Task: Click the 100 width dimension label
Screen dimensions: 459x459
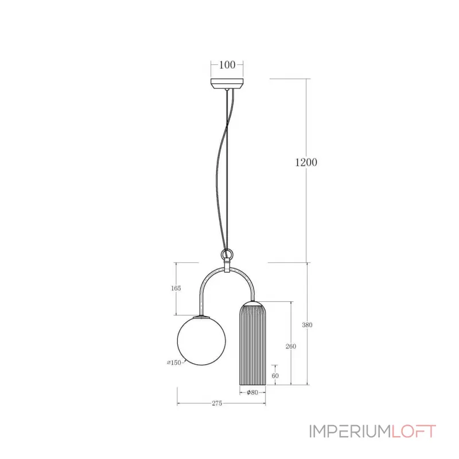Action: [227, 65]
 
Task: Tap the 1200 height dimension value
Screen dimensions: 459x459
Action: [306, 162]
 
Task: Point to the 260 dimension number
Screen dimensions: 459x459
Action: [291, 346]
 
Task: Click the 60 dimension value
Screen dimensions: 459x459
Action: [275, 375]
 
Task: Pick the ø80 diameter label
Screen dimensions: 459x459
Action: [252, 393]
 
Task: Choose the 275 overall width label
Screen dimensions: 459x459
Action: [216, 404]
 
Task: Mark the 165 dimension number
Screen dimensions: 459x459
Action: [176, 289]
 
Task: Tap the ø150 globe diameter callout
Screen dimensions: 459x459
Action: [174, 363]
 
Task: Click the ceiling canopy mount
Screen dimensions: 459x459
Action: [227, 84]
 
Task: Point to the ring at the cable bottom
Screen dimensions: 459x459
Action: [228, 254]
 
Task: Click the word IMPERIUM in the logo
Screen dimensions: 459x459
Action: [349, 431]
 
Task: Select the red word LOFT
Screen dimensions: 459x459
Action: [413, 431]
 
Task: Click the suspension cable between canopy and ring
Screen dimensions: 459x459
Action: [222, 172]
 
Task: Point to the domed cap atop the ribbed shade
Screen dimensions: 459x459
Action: [252, 304]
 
